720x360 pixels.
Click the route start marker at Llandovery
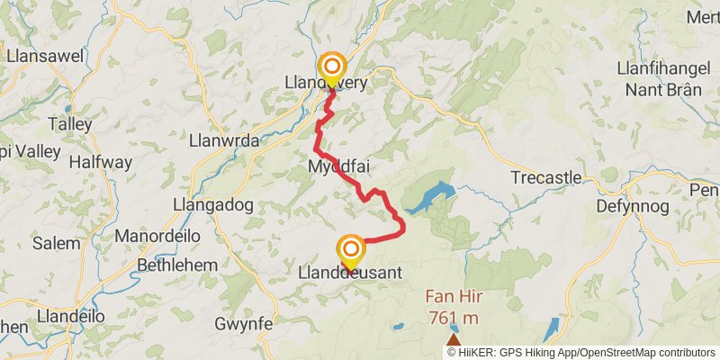coord(333,67)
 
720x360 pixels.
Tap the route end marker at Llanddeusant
coord(350,249)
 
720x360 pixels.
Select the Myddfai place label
coord(338,167)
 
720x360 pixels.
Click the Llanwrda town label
coord(225,140)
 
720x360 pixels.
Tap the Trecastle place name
coord(545,177)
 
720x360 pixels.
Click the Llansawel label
coord(45,56)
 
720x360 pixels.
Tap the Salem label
coord(56,243)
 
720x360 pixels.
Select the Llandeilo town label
coord(70,317)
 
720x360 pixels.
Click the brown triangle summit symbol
coord(454,343)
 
